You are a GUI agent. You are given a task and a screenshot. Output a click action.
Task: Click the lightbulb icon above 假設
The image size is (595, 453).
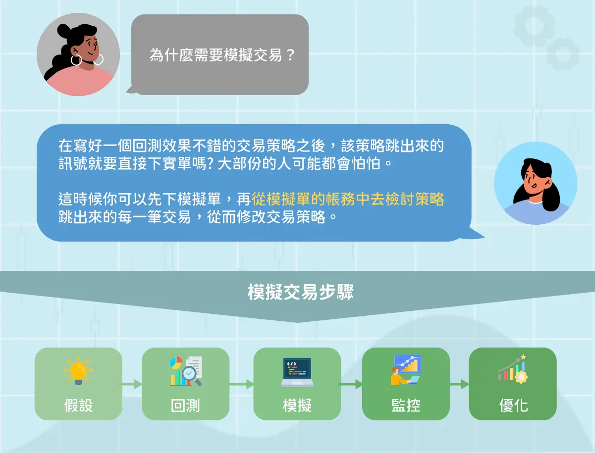(x=78, y=370)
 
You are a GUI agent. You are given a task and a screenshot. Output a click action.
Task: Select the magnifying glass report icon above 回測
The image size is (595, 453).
(x=186, y=371)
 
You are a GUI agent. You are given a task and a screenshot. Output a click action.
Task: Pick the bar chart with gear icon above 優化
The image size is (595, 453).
(x=513, y=369)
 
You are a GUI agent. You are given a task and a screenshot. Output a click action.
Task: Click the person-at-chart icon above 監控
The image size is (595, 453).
(x=406, y=370)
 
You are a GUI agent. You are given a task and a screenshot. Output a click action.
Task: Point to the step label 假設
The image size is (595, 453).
(x=78, y=405)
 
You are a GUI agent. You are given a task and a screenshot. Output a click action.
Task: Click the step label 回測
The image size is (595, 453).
(x=186, y=405)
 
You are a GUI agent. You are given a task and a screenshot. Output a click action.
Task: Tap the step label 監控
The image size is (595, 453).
(x=406, y=405)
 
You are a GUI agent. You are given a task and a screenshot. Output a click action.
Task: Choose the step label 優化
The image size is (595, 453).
(x=513, y=405)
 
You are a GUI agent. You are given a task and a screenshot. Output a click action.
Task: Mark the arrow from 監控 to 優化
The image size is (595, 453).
(x=459, y=384)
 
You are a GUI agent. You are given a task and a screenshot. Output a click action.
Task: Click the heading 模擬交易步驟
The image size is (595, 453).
(x=301, y=292)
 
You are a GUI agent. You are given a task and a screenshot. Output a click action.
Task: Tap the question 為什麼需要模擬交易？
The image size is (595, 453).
(x=222, y=55)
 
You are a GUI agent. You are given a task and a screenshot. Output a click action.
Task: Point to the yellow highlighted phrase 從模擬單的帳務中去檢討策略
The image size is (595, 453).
(x=348, y=200)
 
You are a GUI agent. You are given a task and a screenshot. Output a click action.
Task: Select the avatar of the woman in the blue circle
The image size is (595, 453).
(x=536, y=183)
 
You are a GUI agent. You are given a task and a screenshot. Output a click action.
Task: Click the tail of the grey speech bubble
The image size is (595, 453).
(x=131, y=90)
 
